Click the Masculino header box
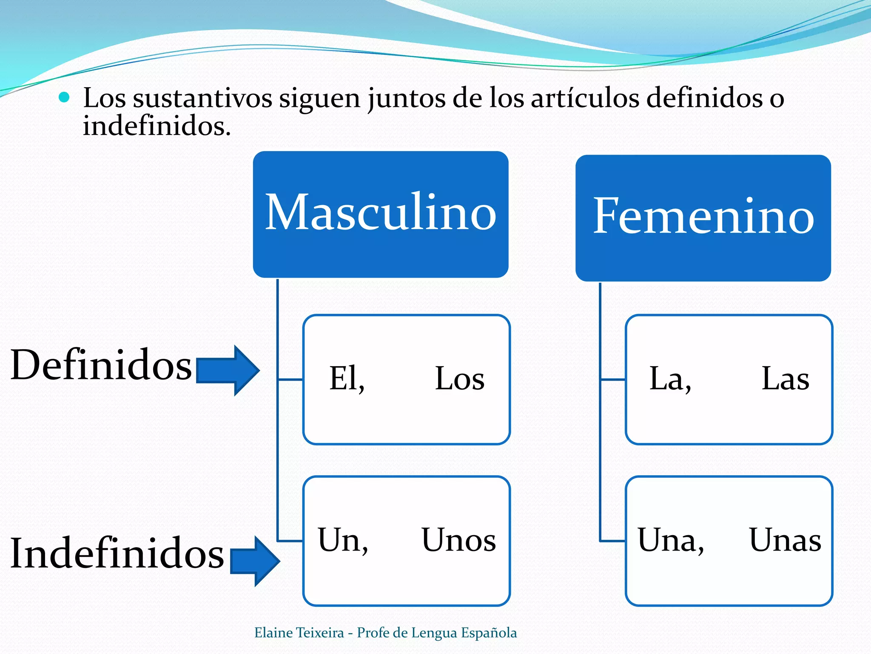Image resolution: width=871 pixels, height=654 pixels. coord(381,214)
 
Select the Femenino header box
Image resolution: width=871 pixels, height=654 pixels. coord(703,218)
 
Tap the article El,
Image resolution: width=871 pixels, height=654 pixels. coord(347,379)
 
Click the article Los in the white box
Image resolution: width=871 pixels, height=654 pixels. coord(459,379)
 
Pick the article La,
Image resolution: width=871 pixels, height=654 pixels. coord(670,379)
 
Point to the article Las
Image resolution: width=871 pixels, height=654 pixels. coord(785,379)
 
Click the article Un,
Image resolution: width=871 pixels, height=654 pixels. coord(343,540)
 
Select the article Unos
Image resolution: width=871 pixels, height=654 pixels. coord(458,540)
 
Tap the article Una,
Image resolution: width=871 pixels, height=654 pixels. coord(671,540)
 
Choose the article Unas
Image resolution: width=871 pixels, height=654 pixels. coord(785,540)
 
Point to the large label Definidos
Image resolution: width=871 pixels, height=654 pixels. coord(101,365)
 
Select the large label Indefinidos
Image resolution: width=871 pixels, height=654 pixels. coord(117,554)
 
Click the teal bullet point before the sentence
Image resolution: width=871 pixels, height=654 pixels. coord(64,98)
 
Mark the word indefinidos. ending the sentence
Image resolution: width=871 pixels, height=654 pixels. coord(157,126)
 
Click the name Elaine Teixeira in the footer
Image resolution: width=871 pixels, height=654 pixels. coord(299,633)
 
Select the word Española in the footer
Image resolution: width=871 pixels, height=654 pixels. coord(489,633)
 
